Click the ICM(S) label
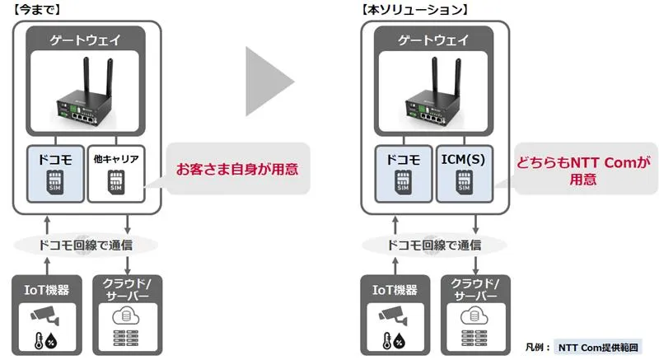coord(464,157)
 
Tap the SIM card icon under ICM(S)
coord(464,185)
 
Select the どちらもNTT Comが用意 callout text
coord(582,171)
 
